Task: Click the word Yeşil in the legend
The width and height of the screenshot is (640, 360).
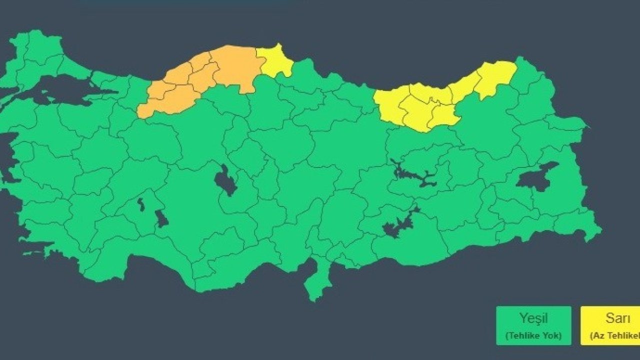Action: click(x=533, y=318)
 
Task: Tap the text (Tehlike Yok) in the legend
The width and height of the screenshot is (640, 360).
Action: click(x=533, y=335)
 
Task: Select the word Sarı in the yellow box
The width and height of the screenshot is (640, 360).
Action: click(x=617, y=318)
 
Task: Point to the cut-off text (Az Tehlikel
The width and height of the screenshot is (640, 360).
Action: click(x=615, y=335)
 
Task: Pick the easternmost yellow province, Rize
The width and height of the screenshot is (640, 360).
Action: click(x=495, y=77)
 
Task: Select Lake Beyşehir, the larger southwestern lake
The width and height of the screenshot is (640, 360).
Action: click(x=161, y=218)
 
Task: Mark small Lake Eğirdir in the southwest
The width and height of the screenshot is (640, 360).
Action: click(x=140, y=203)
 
